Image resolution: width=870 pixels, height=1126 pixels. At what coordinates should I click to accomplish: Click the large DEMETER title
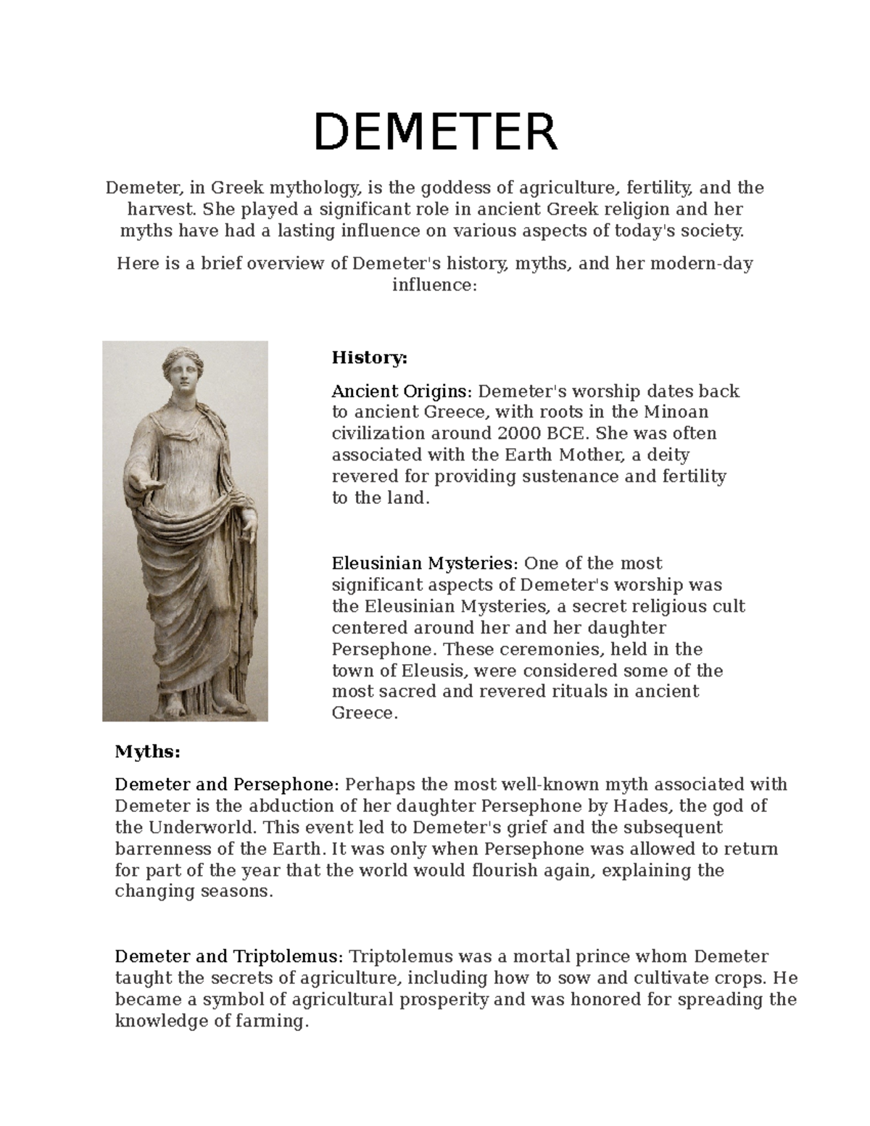435,133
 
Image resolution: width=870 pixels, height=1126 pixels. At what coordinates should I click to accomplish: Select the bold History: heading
370,357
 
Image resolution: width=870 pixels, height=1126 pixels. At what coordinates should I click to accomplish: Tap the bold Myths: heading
147,752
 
